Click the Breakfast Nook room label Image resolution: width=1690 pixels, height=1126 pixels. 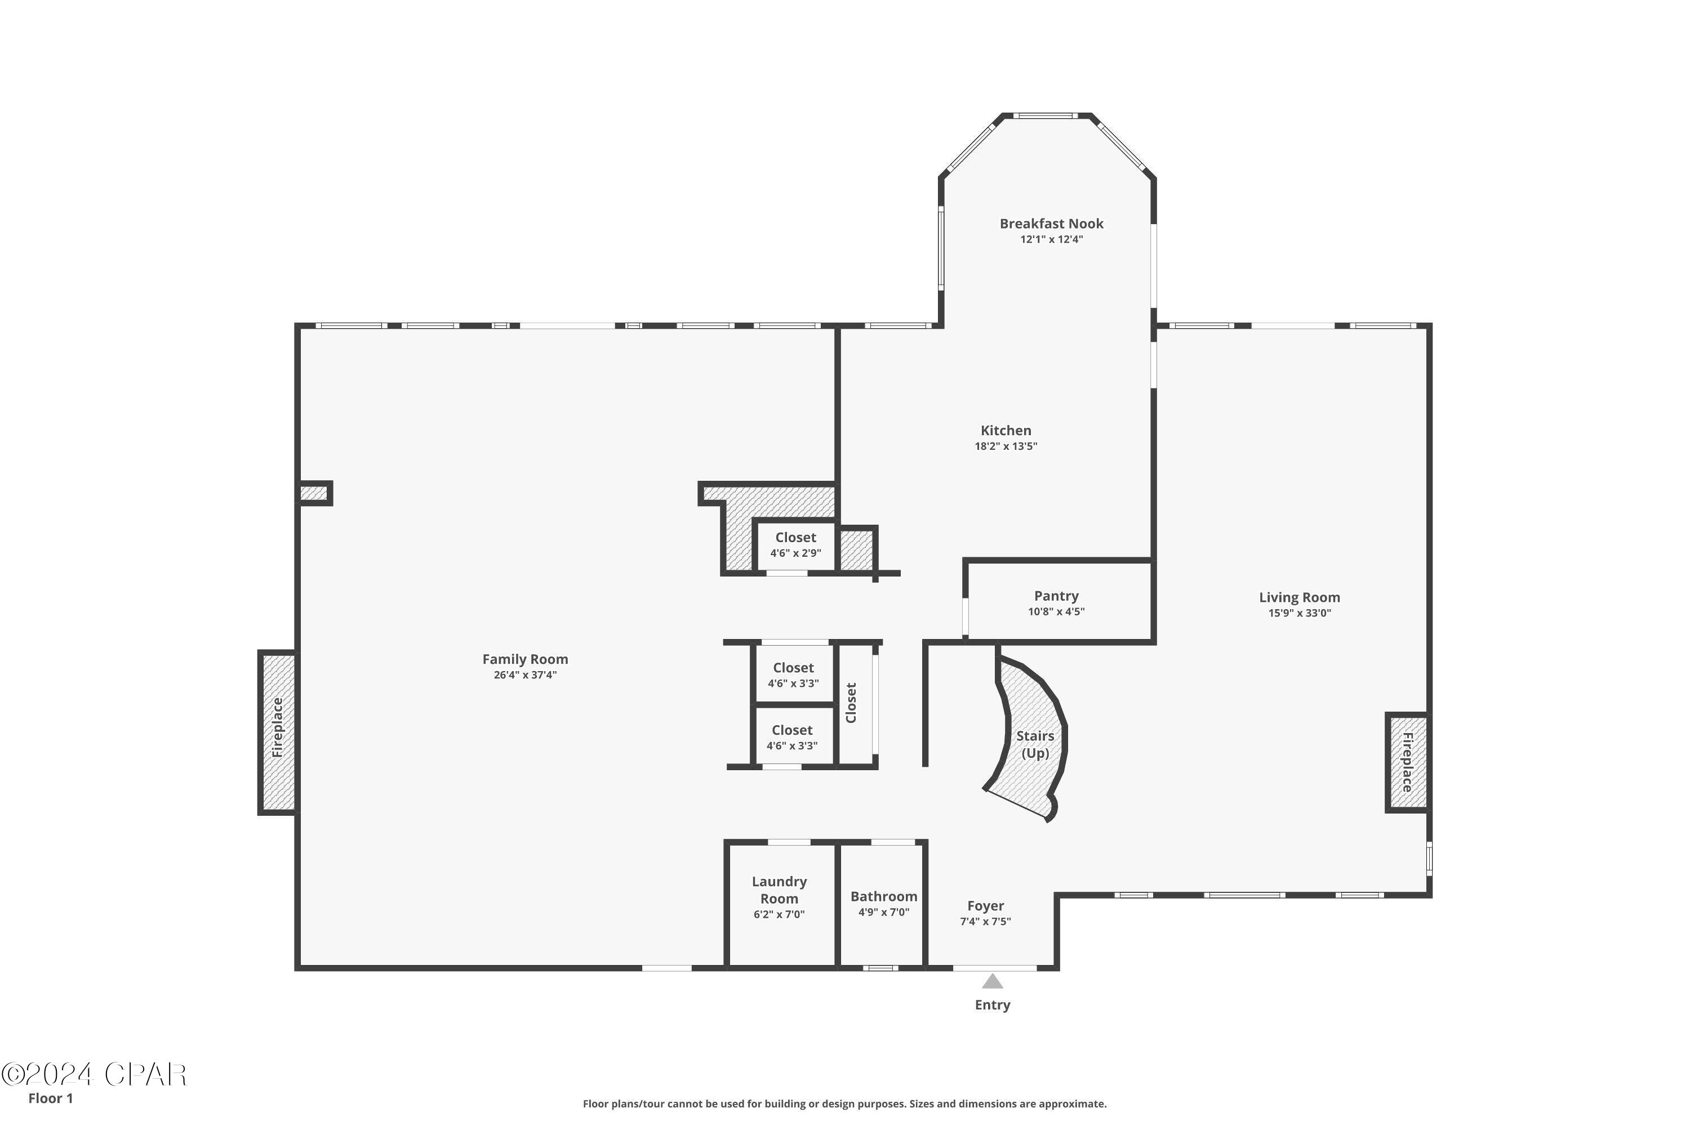[x=1051, y=224]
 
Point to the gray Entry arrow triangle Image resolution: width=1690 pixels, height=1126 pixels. [x=992, y=982]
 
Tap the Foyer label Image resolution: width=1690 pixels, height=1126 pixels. [x=985, y=906]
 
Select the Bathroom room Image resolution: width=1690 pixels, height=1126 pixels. [x=883, y=904]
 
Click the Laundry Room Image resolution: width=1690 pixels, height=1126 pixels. [x=780, y=897]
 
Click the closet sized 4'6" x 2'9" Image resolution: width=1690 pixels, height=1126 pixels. [x=795, y=545]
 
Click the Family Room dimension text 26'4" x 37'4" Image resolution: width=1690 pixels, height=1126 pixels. [x=524, y=675]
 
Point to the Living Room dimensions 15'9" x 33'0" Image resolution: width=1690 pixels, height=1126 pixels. [x=1299, y=613]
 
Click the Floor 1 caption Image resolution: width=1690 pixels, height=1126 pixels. [x=50, y=1098]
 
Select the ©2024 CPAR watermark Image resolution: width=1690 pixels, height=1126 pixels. [x=94, y=1075]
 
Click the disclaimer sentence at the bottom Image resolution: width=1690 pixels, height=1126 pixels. [x=844, y=1103]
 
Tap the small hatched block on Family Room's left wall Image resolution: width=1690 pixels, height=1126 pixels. [x=313, y=493]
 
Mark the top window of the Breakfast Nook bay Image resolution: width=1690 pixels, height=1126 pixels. [x=1046, y=115]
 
